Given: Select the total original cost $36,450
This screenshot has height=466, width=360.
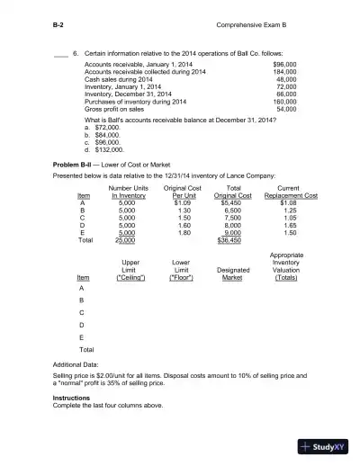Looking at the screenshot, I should pyautogui.click(x=230, y=240).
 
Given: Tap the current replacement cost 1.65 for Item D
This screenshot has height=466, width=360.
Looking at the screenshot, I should pyautogui.click(x=286, y=226).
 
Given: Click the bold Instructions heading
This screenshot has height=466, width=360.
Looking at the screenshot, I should pyautogui.click(x=72, y=397).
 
